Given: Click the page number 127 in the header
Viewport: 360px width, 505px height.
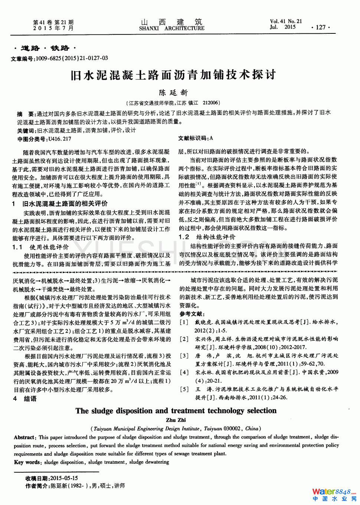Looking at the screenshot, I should tap(321, 27).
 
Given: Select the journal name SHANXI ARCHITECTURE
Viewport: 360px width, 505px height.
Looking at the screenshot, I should tap(171, 29).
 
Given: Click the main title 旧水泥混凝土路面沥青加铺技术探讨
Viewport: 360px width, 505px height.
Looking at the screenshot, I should tap(173, 75).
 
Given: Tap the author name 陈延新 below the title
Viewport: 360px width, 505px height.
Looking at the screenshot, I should tap(173, 93).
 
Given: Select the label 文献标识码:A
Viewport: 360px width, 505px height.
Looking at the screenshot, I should tap(195, 138).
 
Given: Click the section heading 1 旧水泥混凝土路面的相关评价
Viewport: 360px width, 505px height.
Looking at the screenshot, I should tap(60, 204).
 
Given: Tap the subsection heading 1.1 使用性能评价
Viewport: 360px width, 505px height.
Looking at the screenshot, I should tap(41, 247).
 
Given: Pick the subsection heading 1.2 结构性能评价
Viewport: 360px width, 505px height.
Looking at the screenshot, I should tap(207, 237).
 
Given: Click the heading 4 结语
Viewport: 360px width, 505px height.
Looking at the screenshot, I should tap(25, 399).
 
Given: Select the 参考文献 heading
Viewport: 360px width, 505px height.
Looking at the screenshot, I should tap(192, 314).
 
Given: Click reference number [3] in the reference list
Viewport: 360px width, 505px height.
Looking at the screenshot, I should tap(184, 356).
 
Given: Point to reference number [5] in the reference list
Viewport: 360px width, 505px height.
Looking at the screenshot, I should tap(184, 389).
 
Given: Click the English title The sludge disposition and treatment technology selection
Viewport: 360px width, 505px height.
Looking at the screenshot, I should tap(176, 411).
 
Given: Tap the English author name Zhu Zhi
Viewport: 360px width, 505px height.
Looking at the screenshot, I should tap(176, 420).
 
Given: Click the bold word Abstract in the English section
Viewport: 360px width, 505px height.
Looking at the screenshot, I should tap(24, 437).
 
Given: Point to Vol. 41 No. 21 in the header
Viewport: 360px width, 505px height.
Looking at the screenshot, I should tap(286, 22).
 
